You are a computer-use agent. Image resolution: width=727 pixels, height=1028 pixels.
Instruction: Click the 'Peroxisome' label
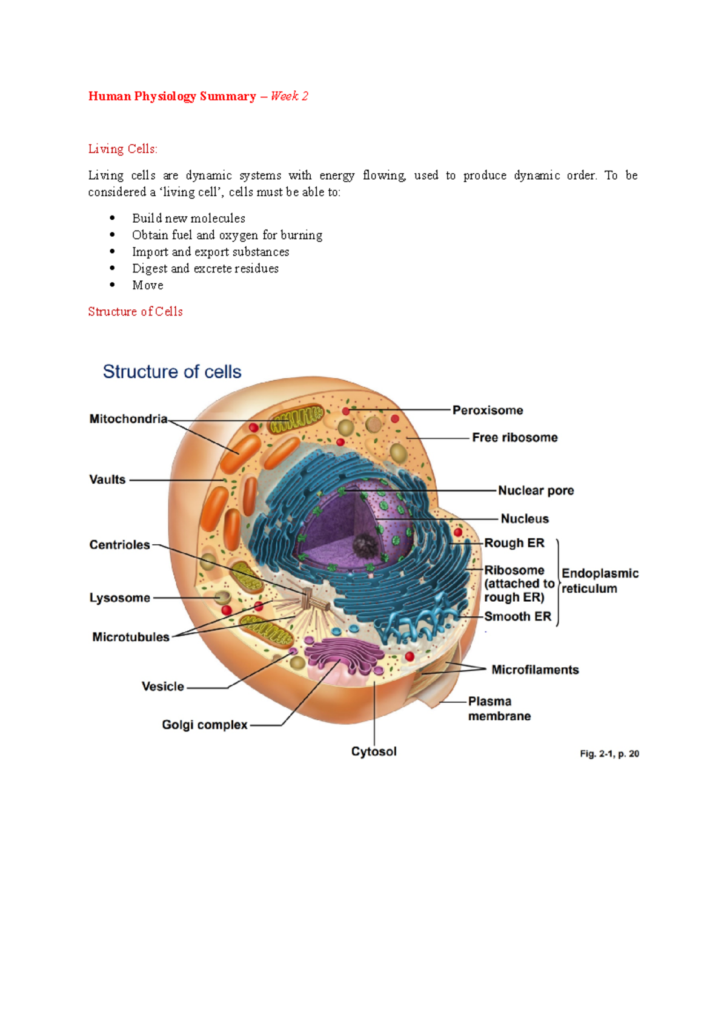click(487, 410)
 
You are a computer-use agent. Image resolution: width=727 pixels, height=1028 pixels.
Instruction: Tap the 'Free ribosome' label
click(515, 437)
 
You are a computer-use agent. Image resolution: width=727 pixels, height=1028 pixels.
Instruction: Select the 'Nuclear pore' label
click(536, 490)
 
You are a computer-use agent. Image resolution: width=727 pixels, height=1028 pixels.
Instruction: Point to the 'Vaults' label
click(107, 479)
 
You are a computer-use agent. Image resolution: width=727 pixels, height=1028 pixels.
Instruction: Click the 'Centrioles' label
click(119, 545)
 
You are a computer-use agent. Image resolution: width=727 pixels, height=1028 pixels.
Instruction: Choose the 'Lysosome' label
click(119, 598)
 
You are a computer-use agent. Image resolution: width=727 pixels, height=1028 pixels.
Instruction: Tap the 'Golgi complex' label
click(204, 725)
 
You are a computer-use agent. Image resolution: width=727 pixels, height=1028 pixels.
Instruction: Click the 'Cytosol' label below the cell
click(374, 751)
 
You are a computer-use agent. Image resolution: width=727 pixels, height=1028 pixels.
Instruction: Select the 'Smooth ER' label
click(517, 616)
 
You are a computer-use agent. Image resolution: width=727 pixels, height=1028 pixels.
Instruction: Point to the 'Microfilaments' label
click(535, 670)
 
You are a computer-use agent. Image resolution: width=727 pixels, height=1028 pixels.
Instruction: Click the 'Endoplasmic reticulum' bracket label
click(600, 581)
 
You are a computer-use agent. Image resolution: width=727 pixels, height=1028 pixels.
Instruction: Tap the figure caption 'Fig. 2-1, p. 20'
click(609, 754)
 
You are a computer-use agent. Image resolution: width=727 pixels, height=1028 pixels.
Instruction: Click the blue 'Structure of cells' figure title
click(172, 372)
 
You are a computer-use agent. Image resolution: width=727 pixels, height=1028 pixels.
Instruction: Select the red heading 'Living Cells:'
click(122, 149)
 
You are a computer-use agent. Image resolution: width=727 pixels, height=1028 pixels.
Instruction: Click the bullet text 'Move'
click(147, 285)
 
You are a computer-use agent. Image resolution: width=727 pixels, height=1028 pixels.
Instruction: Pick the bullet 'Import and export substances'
click(210, 251)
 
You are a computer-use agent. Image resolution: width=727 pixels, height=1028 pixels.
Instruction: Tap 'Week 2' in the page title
click(290, 96)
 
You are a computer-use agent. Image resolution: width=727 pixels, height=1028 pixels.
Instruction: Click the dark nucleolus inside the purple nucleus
click(365, 546)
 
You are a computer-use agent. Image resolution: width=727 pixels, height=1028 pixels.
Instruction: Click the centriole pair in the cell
click(316, 599)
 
